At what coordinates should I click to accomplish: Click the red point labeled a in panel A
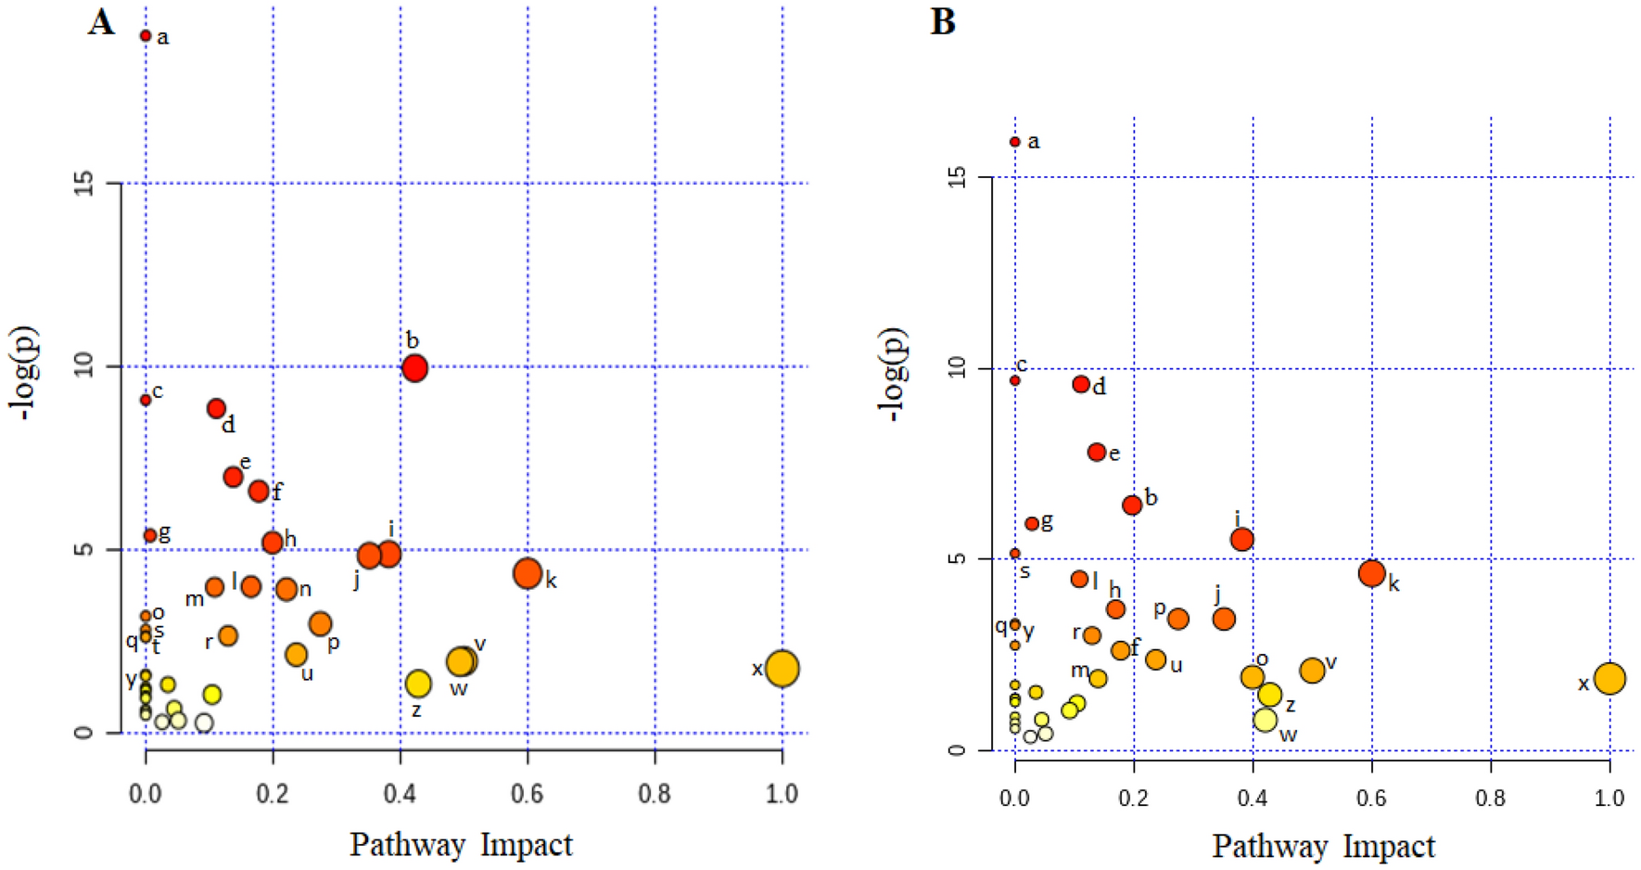146,35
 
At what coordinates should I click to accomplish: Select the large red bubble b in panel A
414,368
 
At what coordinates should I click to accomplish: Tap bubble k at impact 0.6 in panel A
528,573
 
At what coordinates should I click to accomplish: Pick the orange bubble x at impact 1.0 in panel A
782,668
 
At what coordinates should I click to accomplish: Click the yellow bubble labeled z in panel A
418,684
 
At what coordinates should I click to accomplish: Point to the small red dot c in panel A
146,400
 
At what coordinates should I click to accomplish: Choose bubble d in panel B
1081,384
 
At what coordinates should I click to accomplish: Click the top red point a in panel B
1015,142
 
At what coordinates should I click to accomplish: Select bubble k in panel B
1372,573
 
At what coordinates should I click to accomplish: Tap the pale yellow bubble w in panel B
1265,719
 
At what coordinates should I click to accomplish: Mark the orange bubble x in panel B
1609,678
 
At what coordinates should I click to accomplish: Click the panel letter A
101,22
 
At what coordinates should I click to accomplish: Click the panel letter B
943,22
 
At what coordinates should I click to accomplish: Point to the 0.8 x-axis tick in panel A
655,793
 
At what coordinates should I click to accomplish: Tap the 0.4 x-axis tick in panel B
1253,798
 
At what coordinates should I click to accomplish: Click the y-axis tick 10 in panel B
957,369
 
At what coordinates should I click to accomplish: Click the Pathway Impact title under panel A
461,844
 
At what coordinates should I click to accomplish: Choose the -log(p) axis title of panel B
893,375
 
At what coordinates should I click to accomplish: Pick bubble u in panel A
296,654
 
